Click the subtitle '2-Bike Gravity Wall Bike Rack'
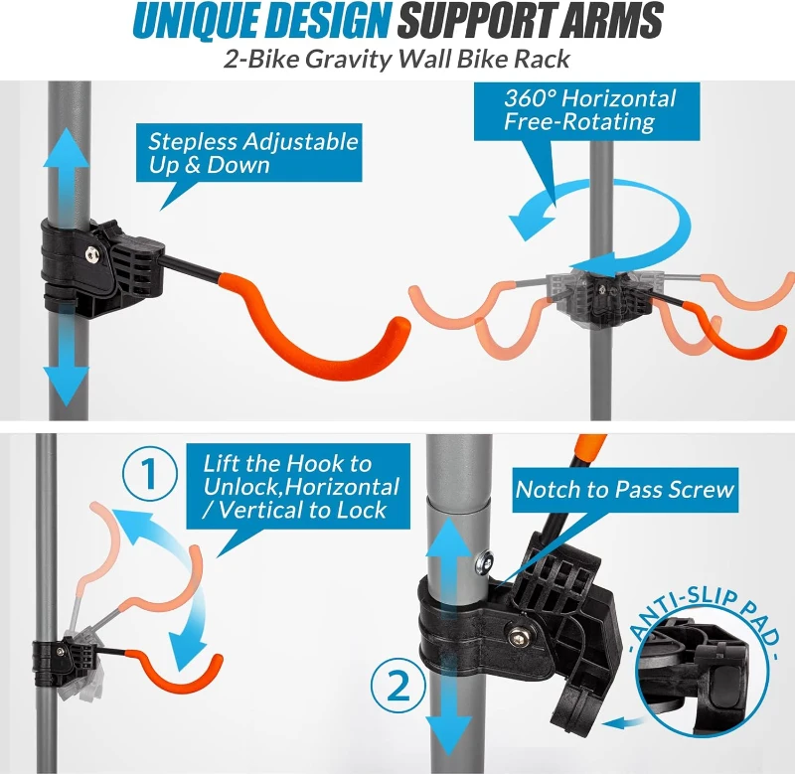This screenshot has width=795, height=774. tap(397, 59)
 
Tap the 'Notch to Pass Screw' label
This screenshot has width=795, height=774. tap(624, 489)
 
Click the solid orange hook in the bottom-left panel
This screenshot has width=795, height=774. tap(184, 676)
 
